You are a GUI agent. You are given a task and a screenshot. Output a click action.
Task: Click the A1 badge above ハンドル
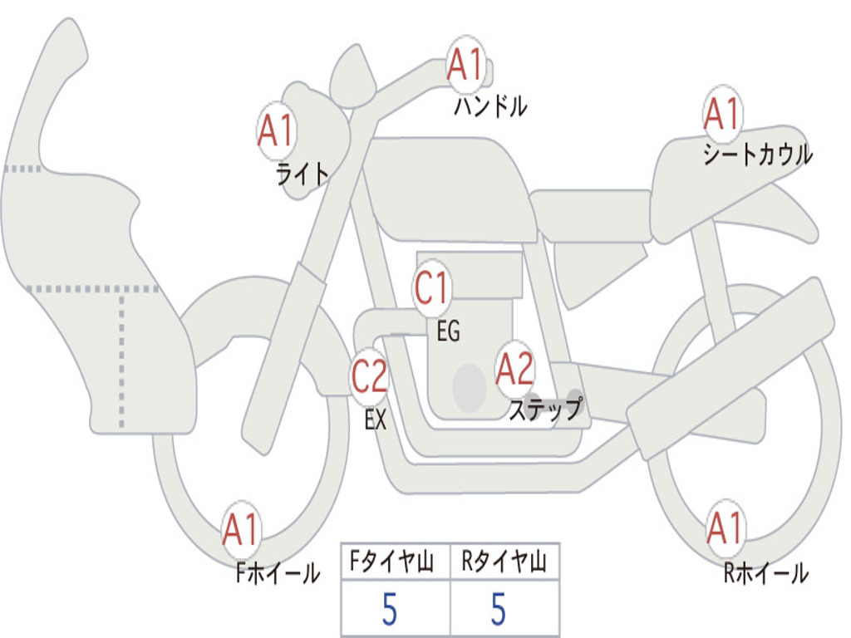(x=465, y=63)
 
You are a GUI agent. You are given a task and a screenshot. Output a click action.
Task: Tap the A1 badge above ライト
(x=277, y=130)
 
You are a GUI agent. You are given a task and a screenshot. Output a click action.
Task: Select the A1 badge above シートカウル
(x=722, y=113)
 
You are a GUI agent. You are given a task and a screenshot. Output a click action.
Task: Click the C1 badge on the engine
(x=431, y=288)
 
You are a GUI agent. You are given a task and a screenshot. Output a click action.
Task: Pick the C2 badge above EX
(x=370, y=375)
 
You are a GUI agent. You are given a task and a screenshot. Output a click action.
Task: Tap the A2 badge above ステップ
(x=515, y=370)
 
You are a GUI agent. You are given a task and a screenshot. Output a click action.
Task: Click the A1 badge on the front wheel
(x=241, y=529)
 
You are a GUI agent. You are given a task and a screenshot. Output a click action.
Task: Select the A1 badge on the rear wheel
(x=725, y=528)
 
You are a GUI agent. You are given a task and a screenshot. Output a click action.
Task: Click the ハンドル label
(x=490, y=106)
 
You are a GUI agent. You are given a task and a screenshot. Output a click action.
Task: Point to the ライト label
(x=303, y=174)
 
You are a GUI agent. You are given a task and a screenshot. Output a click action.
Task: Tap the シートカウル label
(x=758, y=154)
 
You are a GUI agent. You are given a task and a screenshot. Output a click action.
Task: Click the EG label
(x=449, y=331)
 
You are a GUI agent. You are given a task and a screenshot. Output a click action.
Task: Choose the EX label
(x=376, y=420)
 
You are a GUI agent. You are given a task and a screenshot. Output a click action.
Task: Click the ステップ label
(x=546, y=409)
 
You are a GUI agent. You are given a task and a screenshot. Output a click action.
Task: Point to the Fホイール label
(x=278, y=573)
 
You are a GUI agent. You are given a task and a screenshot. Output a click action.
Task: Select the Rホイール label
(x=766, y=573)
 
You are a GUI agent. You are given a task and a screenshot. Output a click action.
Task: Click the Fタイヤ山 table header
(x=392, y=562)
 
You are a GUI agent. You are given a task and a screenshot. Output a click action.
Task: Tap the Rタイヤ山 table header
(x=504, y=562)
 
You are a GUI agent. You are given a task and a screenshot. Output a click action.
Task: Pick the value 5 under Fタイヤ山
(x=390, y=609)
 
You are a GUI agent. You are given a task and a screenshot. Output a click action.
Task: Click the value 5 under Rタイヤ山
(x=499, y=609)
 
